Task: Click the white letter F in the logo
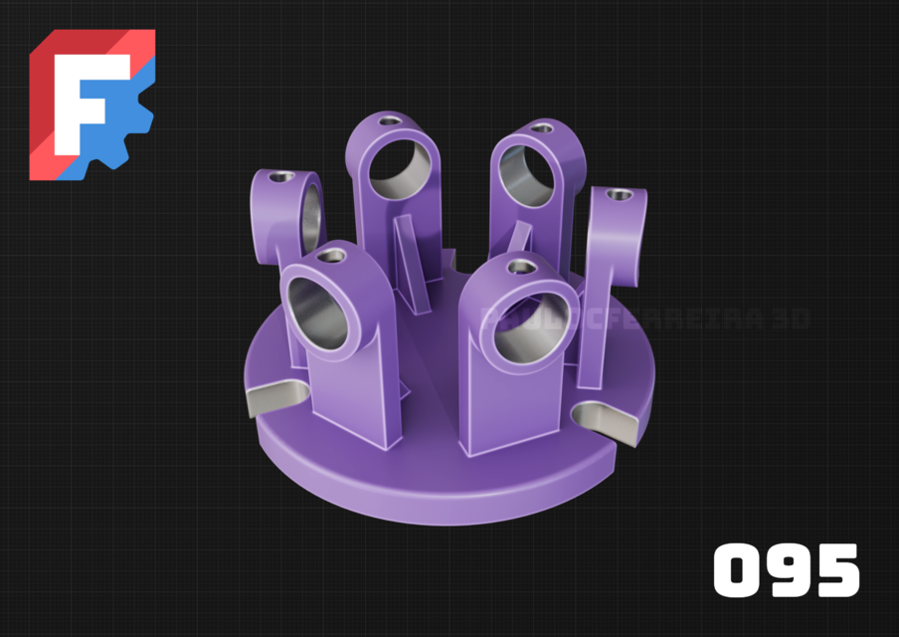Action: pyautogui.click(x=87, y=100)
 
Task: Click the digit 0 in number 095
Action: pyautogui.click(x=741, y=570)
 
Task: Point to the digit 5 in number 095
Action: pyautogui.click(x=836, y=570)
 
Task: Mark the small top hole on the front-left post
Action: pyautogui.click(x=332, y=257)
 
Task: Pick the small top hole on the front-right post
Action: pyautogui.click(x=518, y=267)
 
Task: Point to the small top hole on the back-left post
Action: pyautogui.click(x=389, y=120)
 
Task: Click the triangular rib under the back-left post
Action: pyautogui.click(x=410, y=254)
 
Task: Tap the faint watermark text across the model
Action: pyautogui.click(x=646, y=318)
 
